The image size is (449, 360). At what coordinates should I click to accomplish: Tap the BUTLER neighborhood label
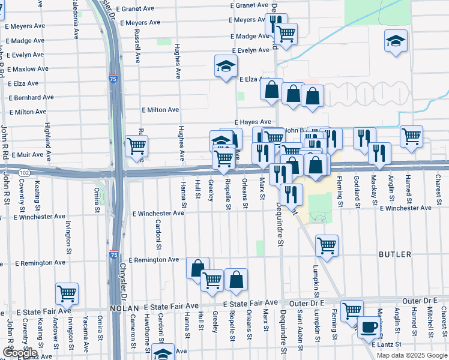[x=395, y=254]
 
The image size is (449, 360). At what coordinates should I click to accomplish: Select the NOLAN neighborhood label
[x=124, y=308]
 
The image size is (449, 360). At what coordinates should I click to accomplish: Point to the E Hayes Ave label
[x=253, y=122]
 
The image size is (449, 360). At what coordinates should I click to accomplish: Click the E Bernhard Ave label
[x=32, y=97]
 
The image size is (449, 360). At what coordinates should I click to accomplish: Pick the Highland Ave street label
[x=47, y=137]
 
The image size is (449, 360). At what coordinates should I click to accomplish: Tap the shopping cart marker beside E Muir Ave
[x=137, y=145]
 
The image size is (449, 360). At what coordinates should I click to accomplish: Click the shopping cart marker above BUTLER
[x=327, y=244]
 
